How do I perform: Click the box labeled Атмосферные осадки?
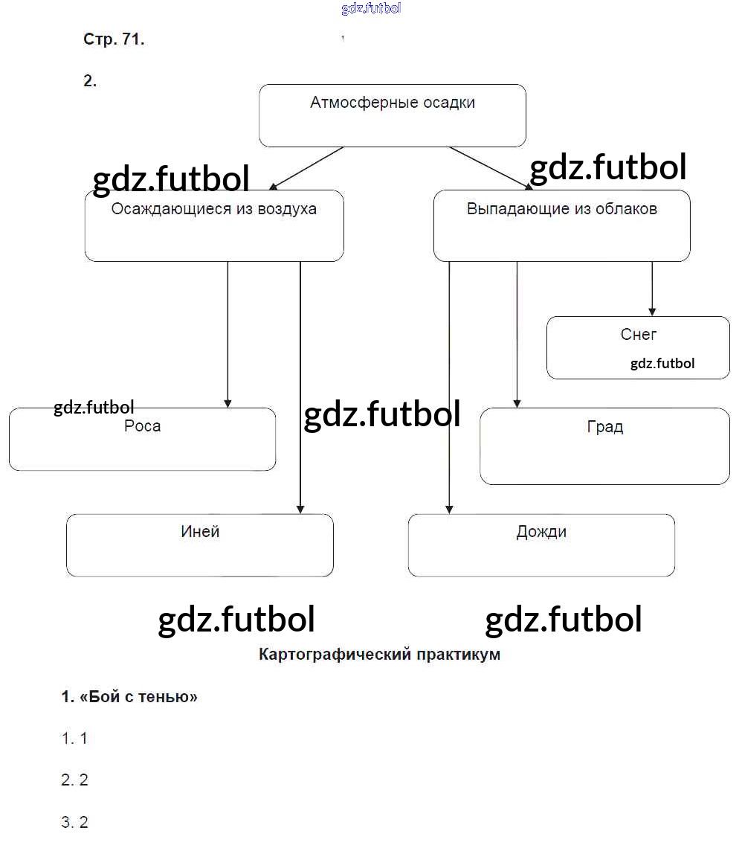pyautogui.click(x=393, y=115)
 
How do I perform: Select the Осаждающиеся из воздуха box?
pyautogui.click(x=214, y=225)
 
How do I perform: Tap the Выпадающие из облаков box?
pyautogui.click(x=561, y=225)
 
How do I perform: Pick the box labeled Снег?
pyautogui.click(x=638, y=347)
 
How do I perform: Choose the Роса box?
pyautogui.click(x=142, y=439)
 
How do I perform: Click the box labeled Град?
pyautogui.click(x=604, y=446)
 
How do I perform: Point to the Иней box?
pyautogui.click(x=199, y=545)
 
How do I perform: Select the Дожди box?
pyautogui.click(x=541, y=545)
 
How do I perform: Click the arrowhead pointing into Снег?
pyautogui.click(x=652, y=311)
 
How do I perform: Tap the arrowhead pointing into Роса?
pyautogui.click(x=228, y=402)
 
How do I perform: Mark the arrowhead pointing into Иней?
pyautogui.click(x=300, y=509)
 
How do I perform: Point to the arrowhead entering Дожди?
pyautogui.click(x=449, y=509)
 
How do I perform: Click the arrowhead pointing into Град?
pyautogui.click(x=517, y=402)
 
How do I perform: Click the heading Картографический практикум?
pyautogui.click(x=379, y=655)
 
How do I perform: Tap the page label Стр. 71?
pyautogui.click(x=114, y=40)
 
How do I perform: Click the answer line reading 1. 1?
pyautogui.click(x=74, y=739)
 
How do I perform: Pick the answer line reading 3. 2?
pyautogui.click(x=74, y=823)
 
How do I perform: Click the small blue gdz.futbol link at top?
pyautogui.click(x=371, y=8)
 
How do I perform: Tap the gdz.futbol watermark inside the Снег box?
pyautogui.click(x=662, y=364)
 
